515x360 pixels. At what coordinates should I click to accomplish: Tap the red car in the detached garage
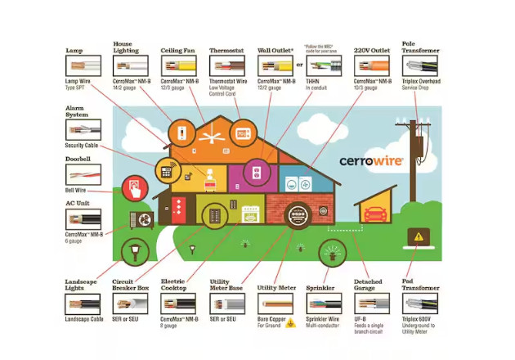pos(375,214)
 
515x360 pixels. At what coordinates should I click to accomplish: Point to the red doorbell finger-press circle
pos(134,190)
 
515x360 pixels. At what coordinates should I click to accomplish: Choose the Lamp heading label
pos(74,51)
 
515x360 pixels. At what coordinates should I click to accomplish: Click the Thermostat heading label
pos(226,51)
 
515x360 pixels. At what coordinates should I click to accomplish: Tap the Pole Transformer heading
pos(419,46)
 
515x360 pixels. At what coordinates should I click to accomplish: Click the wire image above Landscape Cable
pos(83,305)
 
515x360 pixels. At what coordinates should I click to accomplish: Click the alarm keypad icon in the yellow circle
pos(168,170)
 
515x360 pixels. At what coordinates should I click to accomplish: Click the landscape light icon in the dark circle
pos(130,250)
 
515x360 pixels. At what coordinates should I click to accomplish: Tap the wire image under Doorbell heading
pos(83,175)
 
